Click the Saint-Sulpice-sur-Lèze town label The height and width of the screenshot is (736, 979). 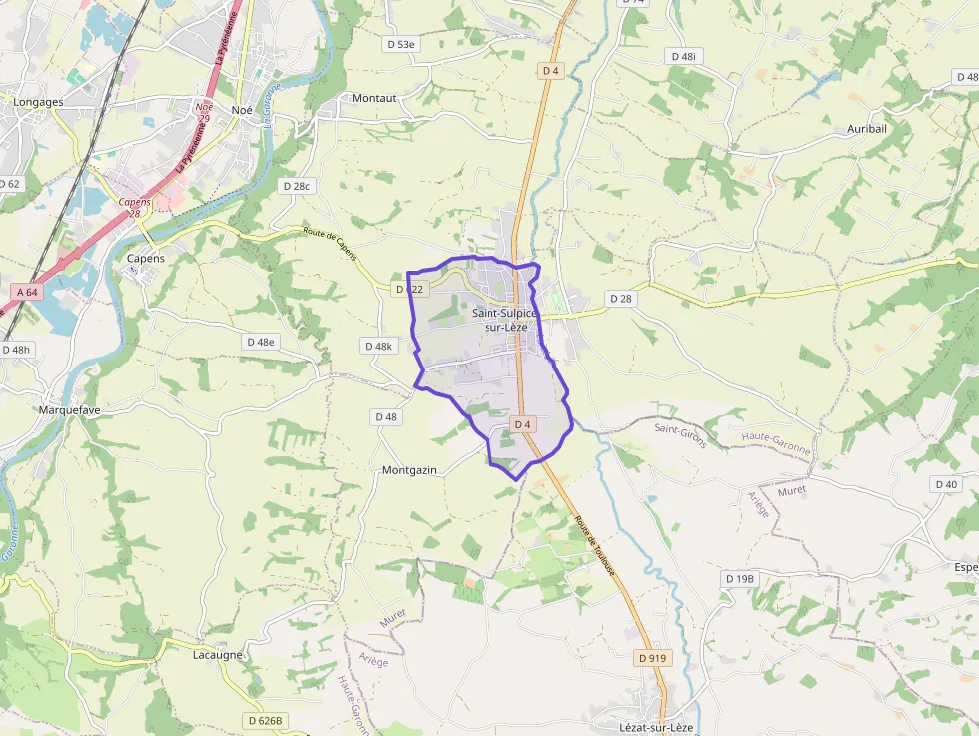click(504, 320)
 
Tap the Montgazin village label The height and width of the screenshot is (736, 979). click(409, 470)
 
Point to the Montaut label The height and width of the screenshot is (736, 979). click(374, 98)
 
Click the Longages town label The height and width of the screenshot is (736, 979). click(38, 102)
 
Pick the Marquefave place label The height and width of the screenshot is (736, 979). click(69, 410)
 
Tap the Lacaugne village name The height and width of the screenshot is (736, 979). click(218, 655)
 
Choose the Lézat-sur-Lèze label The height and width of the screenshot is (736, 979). click(655, 728)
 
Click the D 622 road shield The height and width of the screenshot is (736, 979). click(410, 289)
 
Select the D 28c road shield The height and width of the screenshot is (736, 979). click(298, 186)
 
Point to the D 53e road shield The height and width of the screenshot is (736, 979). click(402, 44)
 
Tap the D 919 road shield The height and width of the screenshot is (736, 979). click(651, 658)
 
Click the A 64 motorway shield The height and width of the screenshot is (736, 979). click(27, 292)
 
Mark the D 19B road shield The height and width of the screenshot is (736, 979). click(741, 579)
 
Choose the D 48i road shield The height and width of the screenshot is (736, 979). click(683, 57)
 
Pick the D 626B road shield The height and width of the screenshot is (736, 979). click(265, 720)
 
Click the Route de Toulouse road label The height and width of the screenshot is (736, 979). click(595, 545)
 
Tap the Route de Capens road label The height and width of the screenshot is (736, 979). click(330, 242)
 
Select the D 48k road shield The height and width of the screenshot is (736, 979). click(379, 346)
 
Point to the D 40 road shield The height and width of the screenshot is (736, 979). click(945, 484)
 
